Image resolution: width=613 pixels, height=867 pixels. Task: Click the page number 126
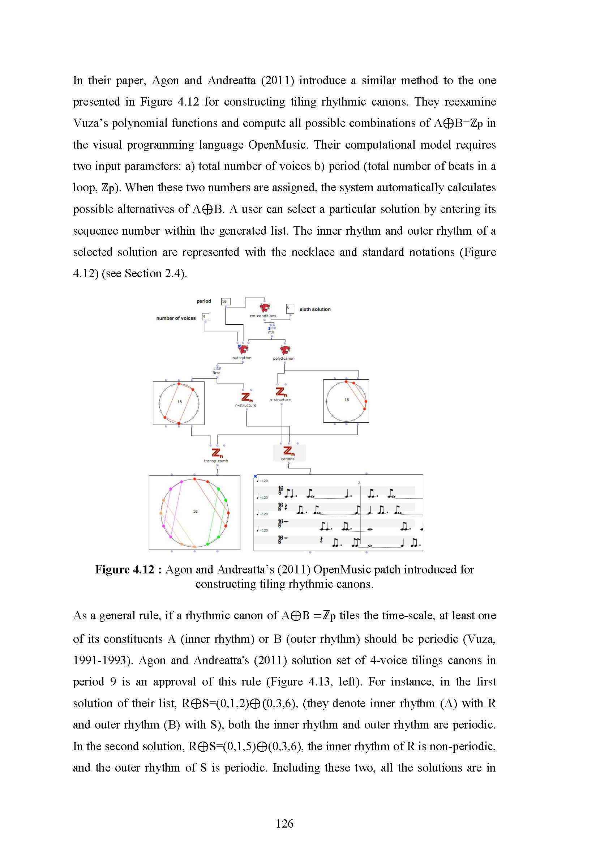pyautogui.click(x=284, y=823)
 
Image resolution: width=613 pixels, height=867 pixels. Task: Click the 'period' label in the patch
pyautogui.click(x=203, y=301)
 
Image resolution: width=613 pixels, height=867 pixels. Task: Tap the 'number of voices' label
pyautogui.click(x=176, y=318)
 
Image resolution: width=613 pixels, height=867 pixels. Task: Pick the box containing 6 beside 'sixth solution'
pyautogui.click(x=290, y=308)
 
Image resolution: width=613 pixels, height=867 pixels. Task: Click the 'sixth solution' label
pyautogui.click(x=315, y=309)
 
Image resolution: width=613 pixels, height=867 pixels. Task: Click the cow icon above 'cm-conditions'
pyautogui.click(x=265, y=307)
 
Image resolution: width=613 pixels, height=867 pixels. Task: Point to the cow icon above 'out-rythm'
pyautogui.click(x=244, y=349)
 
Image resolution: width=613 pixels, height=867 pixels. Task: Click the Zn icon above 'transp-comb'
pyautogui.click(x=216, y=452)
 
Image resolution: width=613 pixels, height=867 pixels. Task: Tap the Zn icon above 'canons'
pyautogui.click(x=288, y=451)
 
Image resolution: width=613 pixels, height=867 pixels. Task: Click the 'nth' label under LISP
pyautogui.click(x=271, y=332)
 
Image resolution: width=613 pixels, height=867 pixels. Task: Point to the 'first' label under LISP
pyautogui.click(x=216, y=373)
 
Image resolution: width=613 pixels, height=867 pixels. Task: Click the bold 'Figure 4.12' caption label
pyautogui.click(x=125, y=569)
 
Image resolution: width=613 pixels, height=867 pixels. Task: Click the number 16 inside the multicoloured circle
pyautogui.click(x=195, y=511)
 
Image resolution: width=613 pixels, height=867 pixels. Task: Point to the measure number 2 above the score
pyautogui.click(x=359, y=483)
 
